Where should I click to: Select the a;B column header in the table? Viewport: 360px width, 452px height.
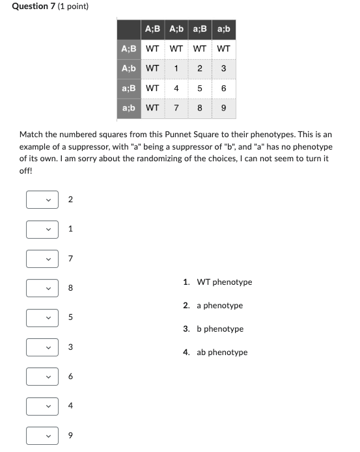click(200, 29)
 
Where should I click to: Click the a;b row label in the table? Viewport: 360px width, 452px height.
click(129, 108)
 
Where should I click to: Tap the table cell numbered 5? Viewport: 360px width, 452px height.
click(200, 88)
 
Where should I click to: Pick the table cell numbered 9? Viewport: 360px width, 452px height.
click(223, 108)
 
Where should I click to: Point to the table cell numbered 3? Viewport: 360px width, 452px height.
click(223, 68)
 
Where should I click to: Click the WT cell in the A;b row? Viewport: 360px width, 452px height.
click(152, 68)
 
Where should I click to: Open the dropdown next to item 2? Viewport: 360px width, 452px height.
click(42, 200)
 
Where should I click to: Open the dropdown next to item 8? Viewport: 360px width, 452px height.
click(42, 287)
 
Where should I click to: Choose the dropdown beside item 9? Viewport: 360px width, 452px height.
click(42, 435)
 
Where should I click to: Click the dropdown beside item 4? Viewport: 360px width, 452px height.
click(42, 406)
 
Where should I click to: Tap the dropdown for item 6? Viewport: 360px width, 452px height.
click(42, 377)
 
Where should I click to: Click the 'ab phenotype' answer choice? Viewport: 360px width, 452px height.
click(222, 352)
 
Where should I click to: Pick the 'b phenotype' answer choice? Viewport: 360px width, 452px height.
click(220, 329)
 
